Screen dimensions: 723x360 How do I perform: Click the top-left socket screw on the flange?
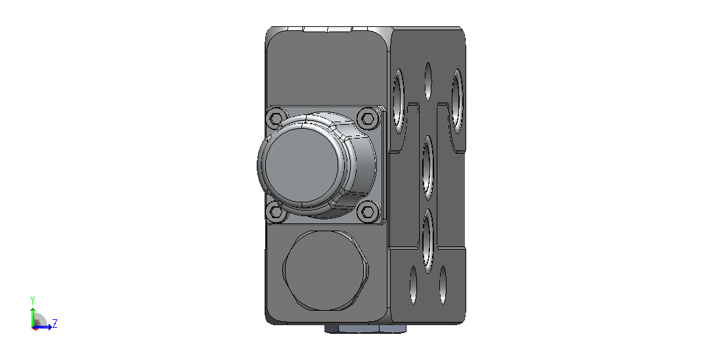[276, 119]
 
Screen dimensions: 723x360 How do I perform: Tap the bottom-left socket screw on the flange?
[276, 212]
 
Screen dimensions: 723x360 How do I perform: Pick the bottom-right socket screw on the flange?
[368, 212]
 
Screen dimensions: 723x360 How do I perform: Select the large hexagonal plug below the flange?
[325, 271]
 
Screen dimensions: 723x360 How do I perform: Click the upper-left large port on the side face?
[399, 102]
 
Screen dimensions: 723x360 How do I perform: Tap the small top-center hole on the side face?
[428, 81]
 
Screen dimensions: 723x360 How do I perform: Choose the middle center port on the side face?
[428, 168]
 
